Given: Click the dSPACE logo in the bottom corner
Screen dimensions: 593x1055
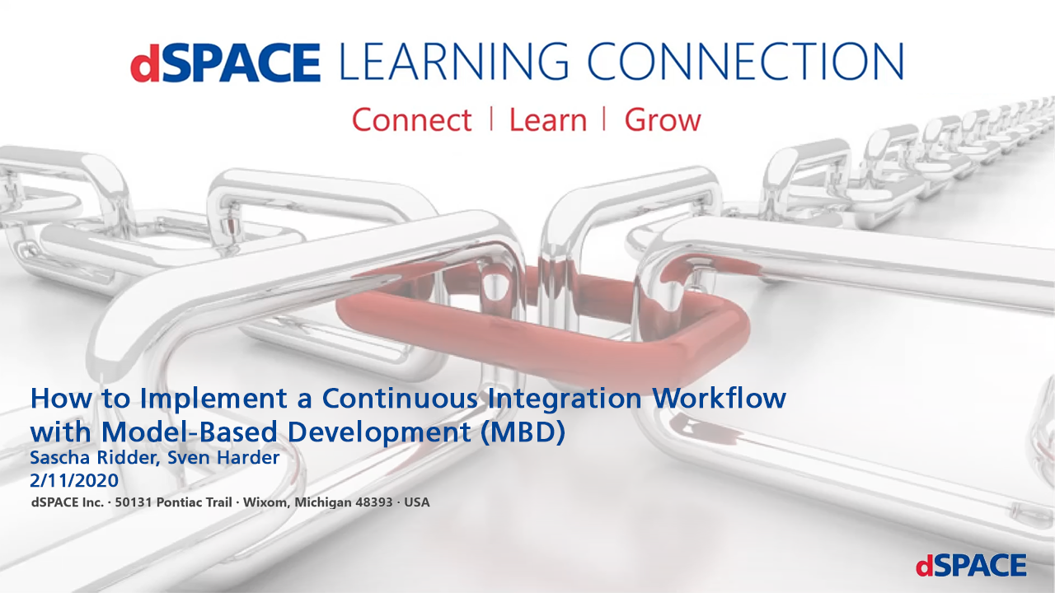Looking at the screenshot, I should (x=971, y=565).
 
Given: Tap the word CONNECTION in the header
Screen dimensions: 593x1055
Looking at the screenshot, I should (x=751, y=63).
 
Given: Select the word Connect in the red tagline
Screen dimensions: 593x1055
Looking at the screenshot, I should (x=411, y=120).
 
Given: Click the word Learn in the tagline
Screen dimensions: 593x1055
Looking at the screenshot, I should (x=547, y=120).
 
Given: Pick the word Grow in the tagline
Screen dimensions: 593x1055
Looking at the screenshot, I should (x=662, y=120).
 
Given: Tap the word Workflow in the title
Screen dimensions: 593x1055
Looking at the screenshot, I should (x=720, y=398).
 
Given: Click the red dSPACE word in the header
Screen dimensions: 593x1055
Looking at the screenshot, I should (x=224, y=63).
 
